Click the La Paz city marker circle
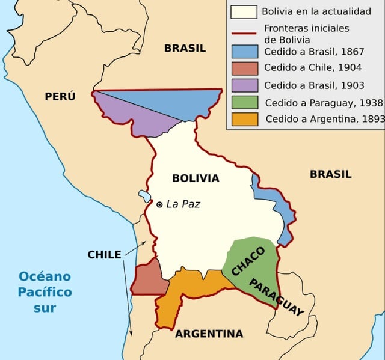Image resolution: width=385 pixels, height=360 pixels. tap(159, 205)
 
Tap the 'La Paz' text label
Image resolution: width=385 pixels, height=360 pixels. tap(183, 204)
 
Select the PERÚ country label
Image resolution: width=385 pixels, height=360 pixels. tap(60, 96)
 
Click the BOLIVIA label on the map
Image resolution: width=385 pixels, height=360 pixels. tap(196, 178)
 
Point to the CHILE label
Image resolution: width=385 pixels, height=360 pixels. tap(104, 254)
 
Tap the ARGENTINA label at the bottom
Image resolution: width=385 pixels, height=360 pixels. tap(209, 334)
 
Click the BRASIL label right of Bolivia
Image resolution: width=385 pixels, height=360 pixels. tap(330, 174)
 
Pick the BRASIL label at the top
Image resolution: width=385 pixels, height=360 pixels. tap(185, 48)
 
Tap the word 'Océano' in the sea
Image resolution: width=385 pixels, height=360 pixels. tap(45, 277)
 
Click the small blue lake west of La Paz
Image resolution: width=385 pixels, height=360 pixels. tap(144, 196)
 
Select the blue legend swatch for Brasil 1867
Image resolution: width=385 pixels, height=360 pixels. tap(244, 50)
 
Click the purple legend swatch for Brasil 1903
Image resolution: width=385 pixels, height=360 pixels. tap(244, 85)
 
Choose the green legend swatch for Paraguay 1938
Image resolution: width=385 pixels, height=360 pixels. tap(244, 102)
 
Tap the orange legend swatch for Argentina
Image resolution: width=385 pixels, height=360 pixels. tap(244, 118)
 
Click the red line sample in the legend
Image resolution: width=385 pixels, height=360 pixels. tap(244, 34)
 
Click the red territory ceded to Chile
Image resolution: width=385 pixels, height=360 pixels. tap(147, 279)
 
